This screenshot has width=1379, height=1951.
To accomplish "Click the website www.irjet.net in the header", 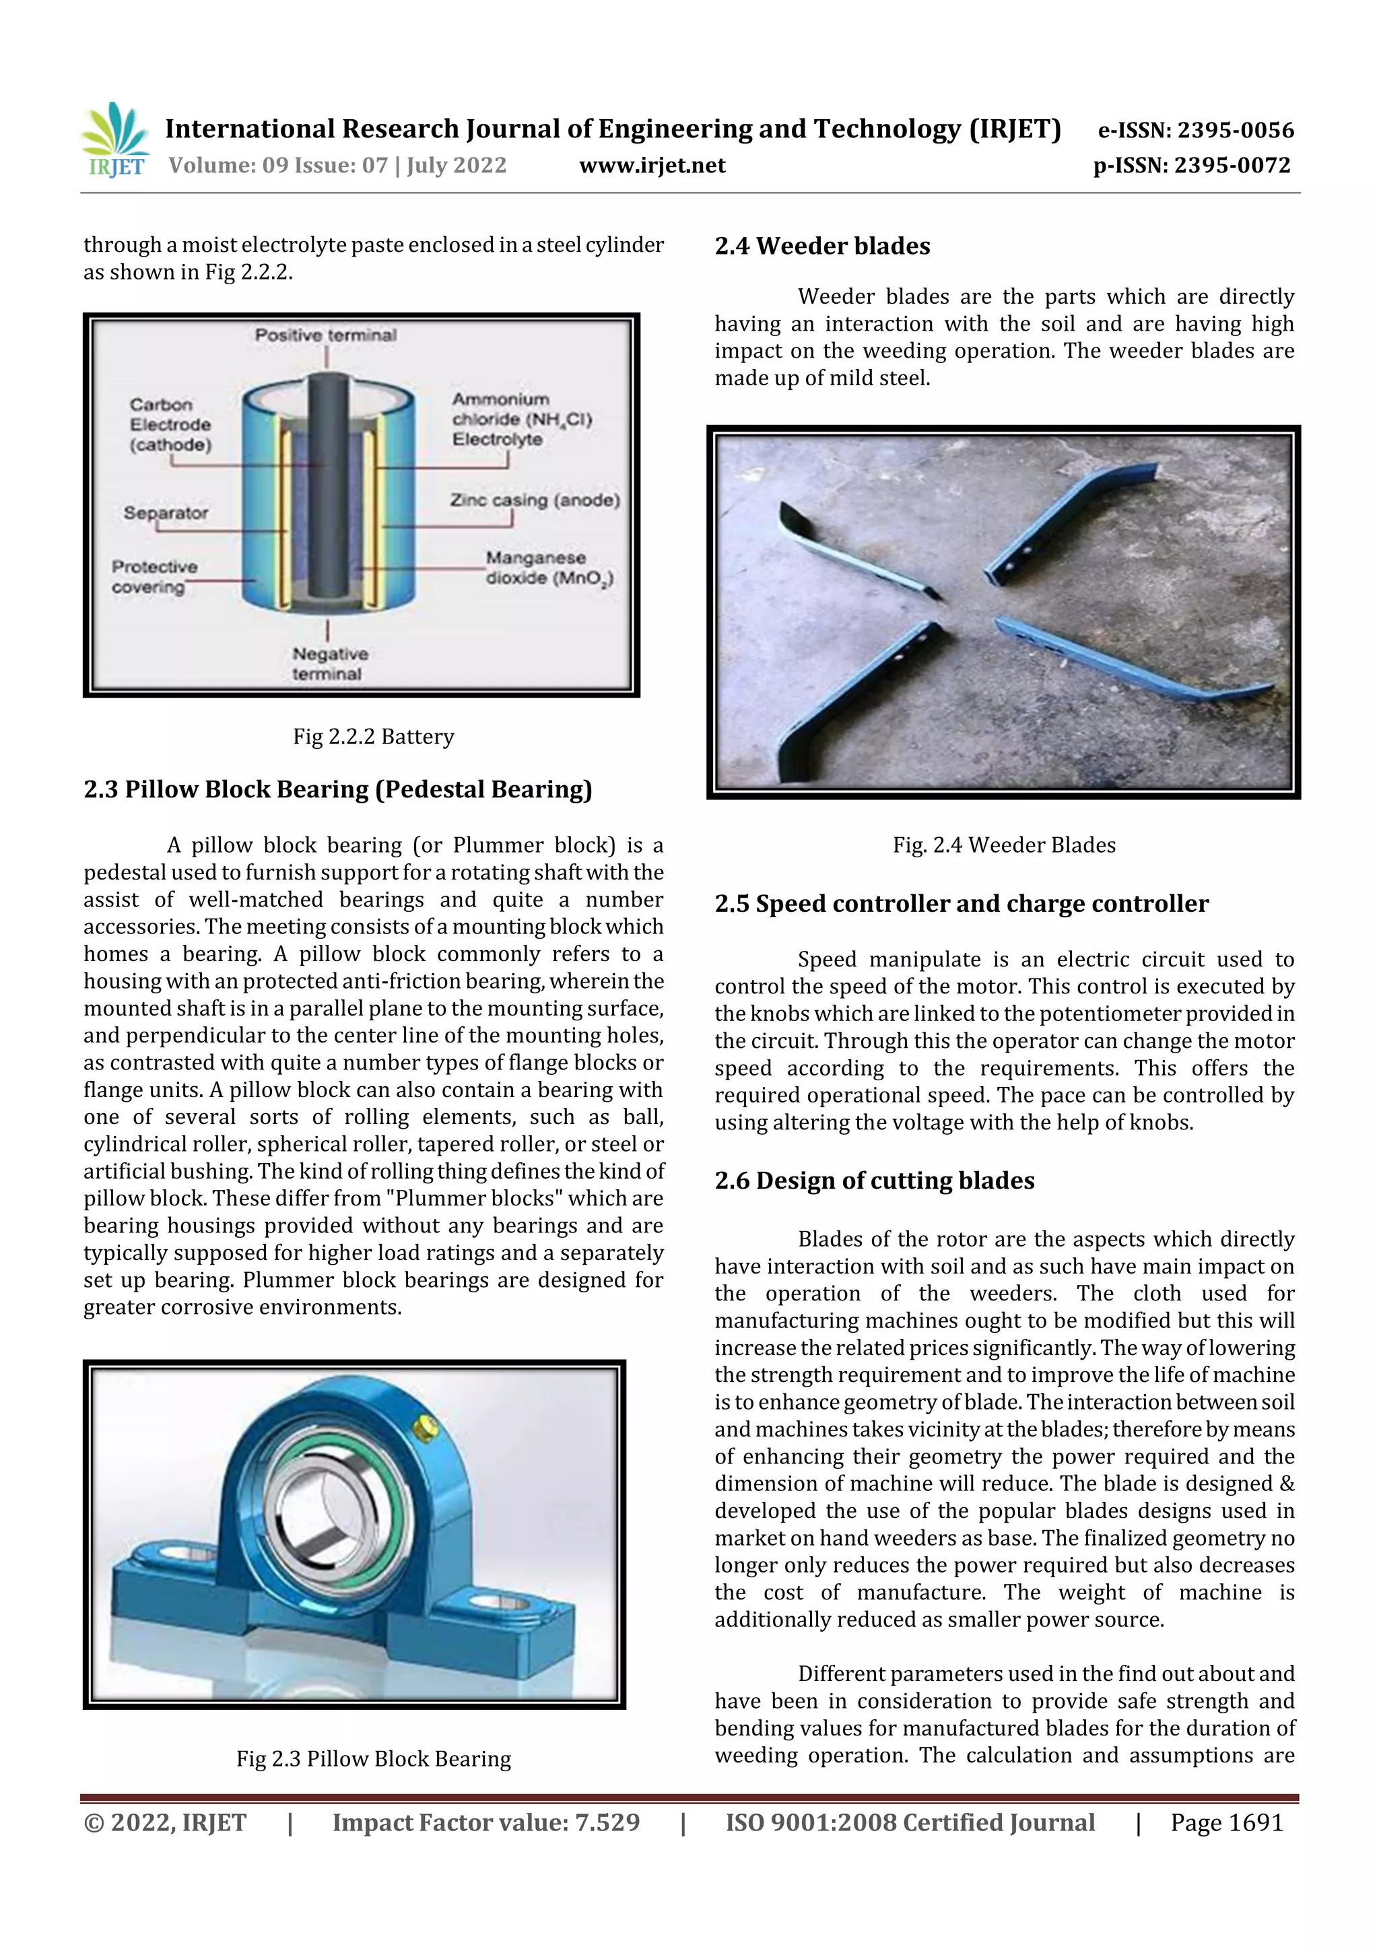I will pyautogui.click(x=652, y=165).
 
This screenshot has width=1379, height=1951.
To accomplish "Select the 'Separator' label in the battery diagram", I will pyautogui.click(x=166, y=512).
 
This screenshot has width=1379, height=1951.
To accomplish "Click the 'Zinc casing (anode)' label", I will pyautogui.click(x=535, y=500).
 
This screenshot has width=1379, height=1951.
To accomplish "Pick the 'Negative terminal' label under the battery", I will pyautogui.click(x=329, y=663).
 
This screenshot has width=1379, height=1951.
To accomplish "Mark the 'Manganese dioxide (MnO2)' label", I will pyautogui.click(x=548, y=568).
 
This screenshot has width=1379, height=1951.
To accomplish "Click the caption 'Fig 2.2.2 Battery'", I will pyautogui.click(x=373, y=736).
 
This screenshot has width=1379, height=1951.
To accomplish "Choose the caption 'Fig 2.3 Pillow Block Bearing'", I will pyautogui.click(x=373, y=1758).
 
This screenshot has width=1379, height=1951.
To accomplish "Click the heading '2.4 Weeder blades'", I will pyautogui.click(x=821, y=246).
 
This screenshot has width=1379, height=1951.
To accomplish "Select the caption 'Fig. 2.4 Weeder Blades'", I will pyautogui.click(x=1003, y=845).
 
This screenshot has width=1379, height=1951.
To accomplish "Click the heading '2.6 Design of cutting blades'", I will pyautogui.click(x=874, y=1181).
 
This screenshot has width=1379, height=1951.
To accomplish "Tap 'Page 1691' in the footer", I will pyautogui.click(x=1226, y=1822).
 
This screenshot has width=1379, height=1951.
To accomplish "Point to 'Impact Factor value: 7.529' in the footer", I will pyautogui.click(x=485, y=1822).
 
